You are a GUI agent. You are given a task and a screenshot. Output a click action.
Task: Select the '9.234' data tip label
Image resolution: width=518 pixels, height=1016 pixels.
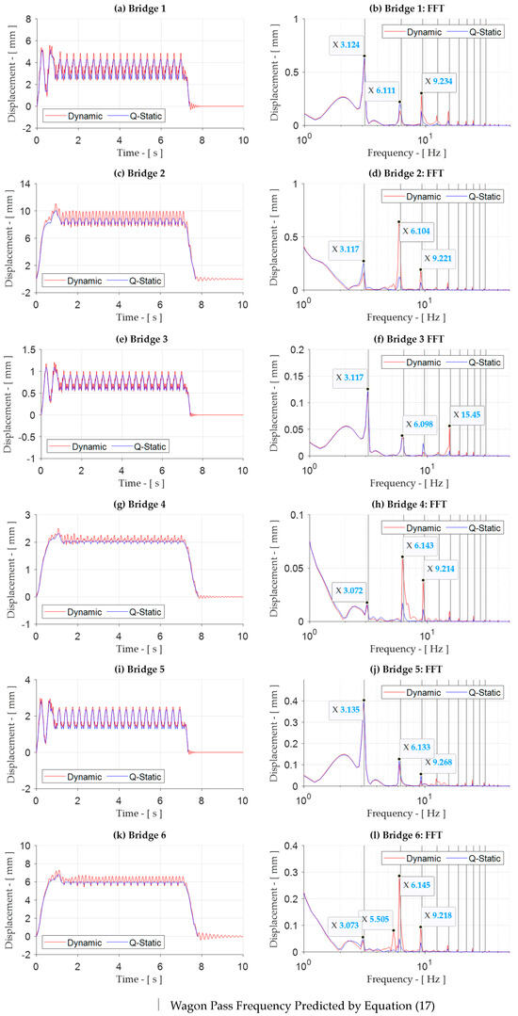[x=444, y=82]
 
